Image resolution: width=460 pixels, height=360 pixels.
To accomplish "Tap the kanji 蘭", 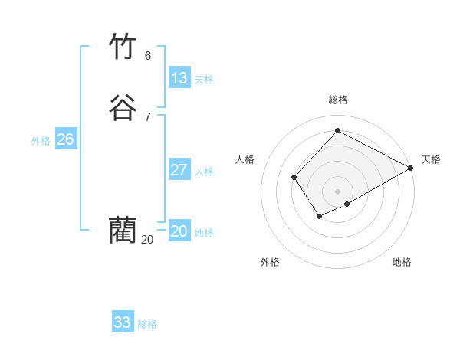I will pos(123,229).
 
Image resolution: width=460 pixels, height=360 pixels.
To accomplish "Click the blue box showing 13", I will pos(179,78).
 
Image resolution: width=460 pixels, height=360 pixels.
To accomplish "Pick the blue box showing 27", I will pos(179,170).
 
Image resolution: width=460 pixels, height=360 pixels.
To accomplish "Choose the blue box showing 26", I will pos(66,139).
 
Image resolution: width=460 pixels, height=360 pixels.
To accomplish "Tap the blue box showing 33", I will pos(123,322).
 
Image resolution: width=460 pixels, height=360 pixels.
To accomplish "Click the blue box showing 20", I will pos(179,231).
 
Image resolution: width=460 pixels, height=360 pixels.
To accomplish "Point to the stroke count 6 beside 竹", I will pos(148,56).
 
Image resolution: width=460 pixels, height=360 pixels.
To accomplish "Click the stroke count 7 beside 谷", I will pos(148,116).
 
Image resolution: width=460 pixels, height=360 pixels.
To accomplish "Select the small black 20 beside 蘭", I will pos(147,240).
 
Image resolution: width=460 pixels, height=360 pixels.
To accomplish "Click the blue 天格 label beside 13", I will pos(204,80).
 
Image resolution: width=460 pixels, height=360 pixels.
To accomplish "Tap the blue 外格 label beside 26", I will pos(41,141).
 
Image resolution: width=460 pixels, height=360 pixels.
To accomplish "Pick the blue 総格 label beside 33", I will pos(147,324).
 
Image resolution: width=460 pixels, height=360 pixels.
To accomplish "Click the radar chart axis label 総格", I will pos(338,100).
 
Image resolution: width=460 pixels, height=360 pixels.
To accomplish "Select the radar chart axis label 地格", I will pos(402,262).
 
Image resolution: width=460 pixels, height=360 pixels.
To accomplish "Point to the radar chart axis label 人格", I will pos(245,159).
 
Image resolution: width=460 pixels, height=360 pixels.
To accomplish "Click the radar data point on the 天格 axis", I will pos(411,169).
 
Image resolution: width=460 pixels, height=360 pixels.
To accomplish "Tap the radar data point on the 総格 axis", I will pos(337,131).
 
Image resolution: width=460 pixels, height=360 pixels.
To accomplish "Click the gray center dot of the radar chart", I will pos(337,191).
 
